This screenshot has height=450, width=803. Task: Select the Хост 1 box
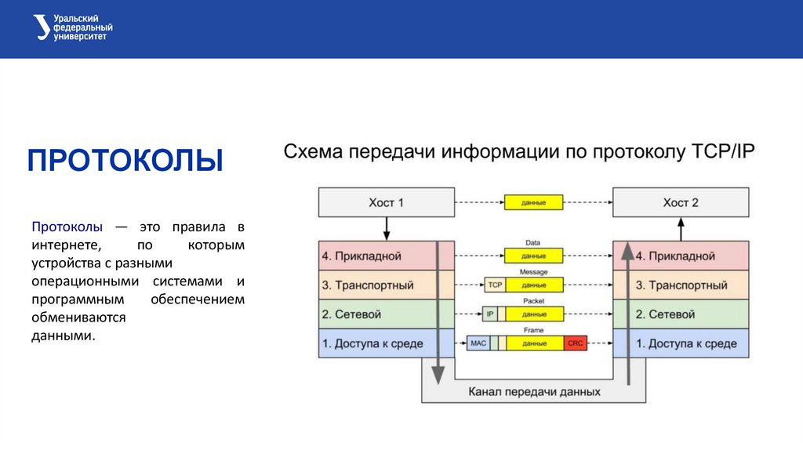(x=386, y=202)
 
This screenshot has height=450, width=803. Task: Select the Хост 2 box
(x=680, y=202)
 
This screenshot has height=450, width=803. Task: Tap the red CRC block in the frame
(x=576, y=343)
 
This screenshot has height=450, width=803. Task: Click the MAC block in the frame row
(x=478, y=343)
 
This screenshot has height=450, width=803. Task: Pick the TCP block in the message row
(x=494, y=285)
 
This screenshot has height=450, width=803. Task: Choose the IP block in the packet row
(x=490, y=314)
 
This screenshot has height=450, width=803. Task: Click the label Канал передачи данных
(x=534, y=391)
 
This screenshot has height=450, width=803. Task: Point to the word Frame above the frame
(x=534, y=330)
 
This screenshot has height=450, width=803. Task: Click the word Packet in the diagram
(x=534, y=301)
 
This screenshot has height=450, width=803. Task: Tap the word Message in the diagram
(x=534, y=272)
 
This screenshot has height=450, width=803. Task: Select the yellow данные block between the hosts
(x=534, y=202)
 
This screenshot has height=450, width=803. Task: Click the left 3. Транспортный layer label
(x=368, y=285)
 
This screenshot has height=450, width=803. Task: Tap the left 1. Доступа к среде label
(x=372, y=343)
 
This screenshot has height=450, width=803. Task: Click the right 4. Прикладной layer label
(x=675, y=256)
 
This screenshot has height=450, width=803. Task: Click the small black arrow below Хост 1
(x=386, y=229)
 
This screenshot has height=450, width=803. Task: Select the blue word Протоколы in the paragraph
(x=67, y=227)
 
